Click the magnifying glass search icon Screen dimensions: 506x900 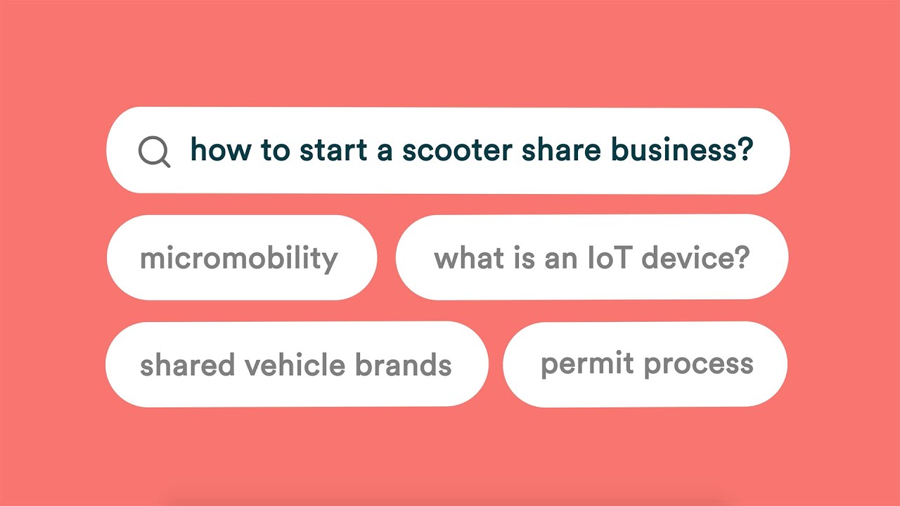coord(153,151)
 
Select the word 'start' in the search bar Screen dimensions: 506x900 coord(335,150)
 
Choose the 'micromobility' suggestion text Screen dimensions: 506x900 coord(239,259)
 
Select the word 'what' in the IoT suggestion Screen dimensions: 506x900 coord(464,258)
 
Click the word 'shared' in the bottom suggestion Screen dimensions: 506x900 coord(188,365)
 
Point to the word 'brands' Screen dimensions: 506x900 coord(403,365)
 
